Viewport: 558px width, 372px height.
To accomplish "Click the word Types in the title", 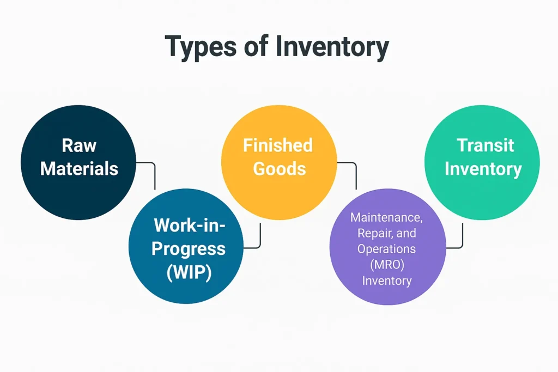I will pos(201,47).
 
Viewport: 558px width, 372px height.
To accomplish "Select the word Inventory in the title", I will pos(332,47).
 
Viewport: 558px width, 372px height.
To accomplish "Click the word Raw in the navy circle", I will pos(78,145).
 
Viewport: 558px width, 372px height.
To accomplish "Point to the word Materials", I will pos(79,168).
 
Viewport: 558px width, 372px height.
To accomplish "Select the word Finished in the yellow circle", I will pos(278,145).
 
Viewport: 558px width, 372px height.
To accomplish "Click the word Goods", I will pos(279,168).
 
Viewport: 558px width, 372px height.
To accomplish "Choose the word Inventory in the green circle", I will pos(483,168).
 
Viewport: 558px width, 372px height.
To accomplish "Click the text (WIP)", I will pos(189,271).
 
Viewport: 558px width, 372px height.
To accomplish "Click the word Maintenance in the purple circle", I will pos(386,217).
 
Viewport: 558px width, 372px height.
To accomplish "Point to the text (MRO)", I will pos(386,265).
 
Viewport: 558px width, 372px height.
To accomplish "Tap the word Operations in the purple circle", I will pos(386,249).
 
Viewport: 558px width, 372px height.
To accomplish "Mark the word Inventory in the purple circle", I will pos(386,281).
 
